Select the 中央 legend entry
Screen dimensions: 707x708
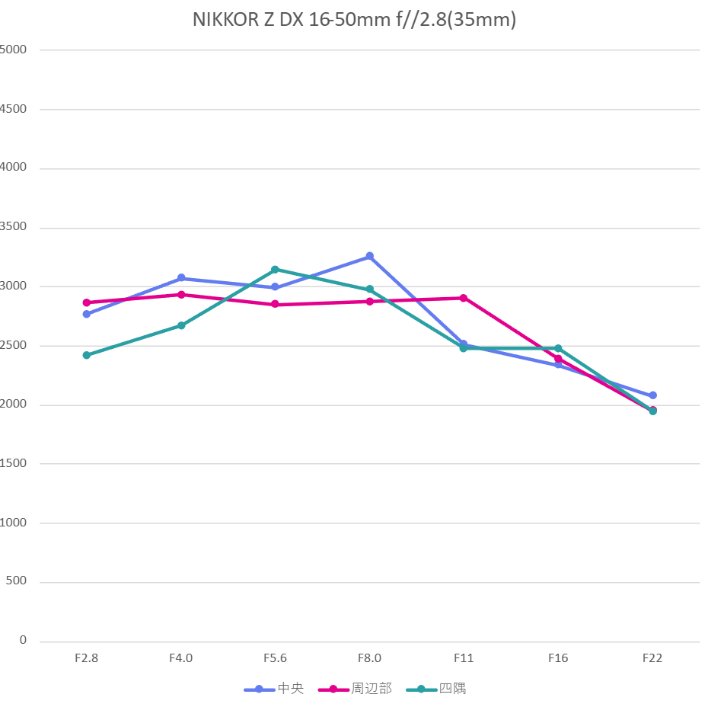pos(290,689)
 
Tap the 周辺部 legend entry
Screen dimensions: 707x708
pos(371,689)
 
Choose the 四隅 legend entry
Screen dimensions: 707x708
pos(452,689)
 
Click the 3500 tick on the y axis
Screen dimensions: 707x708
pos(13,227)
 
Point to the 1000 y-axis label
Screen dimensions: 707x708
pos(13,523)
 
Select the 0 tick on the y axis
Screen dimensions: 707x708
pos(23,641)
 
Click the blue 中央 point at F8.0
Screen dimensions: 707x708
pos(370,256)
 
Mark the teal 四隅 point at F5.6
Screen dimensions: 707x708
pos(275,269)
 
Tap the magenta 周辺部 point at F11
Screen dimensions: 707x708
pos(464,298)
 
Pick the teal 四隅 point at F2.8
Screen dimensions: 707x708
pos(87,355)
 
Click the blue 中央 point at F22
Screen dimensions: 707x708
pos(653,395)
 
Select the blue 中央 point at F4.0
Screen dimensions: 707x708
pos(181,278)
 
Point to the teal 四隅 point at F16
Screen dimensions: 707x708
pos(558,348)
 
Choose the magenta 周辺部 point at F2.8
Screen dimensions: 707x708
pos(87,302)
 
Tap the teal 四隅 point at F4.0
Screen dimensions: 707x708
pos(181,325)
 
